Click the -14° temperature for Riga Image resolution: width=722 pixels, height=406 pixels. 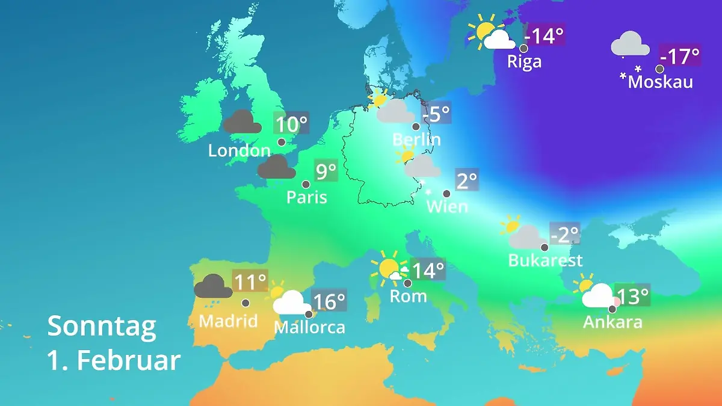545,35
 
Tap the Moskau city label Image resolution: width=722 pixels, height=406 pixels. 660,82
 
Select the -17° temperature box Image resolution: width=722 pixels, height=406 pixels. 680,57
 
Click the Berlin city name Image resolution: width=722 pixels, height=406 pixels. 416,140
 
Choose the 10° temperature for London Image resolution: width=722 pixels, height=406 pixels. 291,125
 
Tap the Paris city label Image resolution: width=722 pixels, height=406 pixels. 307,197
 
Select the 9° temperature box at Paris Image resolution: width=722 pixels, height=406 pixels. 326,172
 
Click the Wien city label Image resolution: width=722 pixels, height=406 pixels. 446,207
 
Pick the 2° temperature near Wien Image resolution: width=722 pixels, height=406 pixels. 466,180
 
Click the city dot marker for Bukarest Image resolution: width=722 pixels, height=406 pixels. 545,247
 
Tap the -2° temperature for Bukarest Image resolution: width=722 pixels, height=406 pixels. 564,234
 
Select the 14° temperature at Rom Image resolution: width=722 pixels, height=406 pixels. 428,270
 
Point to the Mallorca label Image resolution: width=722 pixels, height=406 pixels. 309,327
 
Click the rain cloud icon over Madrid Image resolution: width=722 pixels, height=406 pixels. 213,287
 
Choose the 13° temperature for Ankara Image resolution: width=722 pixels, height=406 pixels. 632,296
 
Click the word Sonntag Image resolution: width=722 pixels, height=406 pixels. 102,327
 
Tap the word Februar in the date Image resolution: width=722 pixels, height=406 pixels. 129,360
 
